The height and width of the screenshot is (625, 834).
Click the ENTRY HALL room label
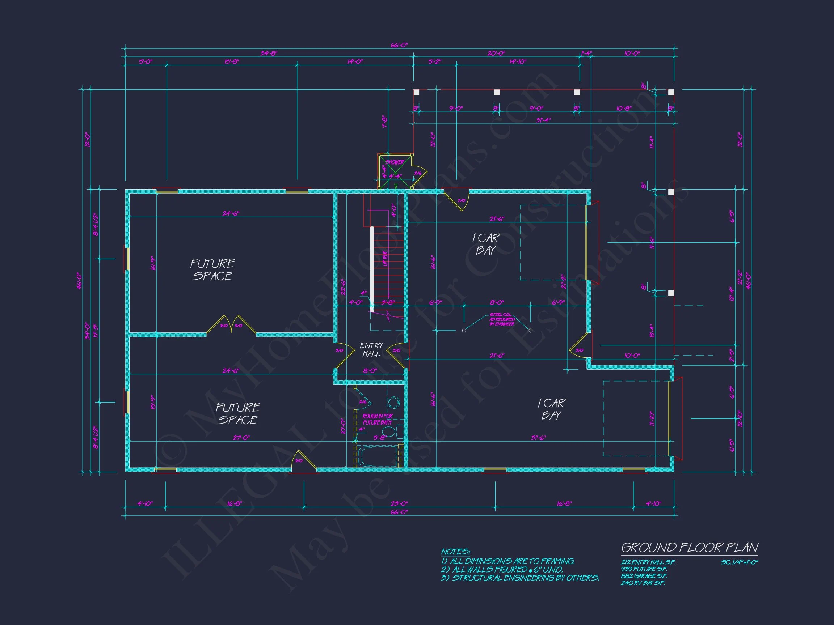[371, 350]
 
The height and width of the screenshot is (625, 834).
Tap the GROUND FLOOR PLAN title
[689, 547]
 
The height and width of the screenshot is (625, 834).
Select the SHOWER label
[395, 162]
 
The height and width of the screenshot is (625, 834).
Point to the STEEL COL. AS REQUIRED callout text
[502, 319]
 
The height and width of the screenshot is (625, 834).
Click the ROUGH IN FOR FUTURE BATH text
[378, 419]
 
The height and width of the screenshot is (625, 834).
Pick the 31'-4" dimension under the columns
[543, 120]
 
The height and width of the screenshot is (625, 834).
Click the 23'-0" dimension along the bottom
[399, 503]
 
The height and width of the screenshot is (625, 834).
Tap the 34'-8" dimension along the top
[269, 54]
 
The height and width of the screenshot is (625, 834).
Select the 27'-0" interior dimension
[241, 438]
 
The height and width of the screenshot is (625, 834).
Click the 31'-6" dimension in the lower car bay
[538, 438]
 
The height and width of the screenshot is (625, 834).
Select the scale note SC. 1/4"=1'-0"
[740, 562]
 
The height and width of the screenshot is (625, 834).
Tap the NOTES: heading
[455, 552]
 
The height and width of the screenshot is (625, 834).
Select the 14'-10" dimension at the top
[518, 62]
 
